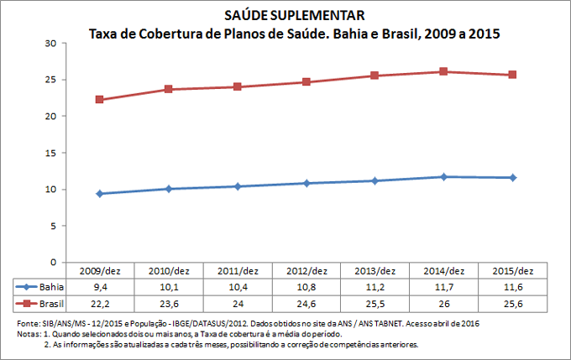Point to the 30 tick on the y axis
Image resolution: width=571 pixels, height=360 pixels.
pyautogui.click(x=50, y=43)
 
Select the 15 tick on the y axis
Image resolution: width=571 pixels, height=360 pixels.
pyautogui.click(x=50, y=153)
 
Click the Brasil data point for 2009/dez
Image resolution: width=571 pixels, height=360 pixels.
pyautogui.click(x=99, y=99)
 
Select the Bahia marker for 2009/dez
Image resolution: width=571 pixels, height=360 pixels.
pyautogui.click(x=99, y=194)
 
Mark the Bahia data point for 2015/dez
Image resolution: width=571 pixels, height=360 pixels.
pyautogui.click(x=512, y=177)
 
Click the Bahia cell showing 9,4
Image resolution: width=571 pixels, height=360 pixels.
pyautogui.click(x=99, y=287)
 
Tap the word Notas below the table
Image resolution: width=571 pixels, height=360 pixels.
pyautogui.click(x=29, y=333)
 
